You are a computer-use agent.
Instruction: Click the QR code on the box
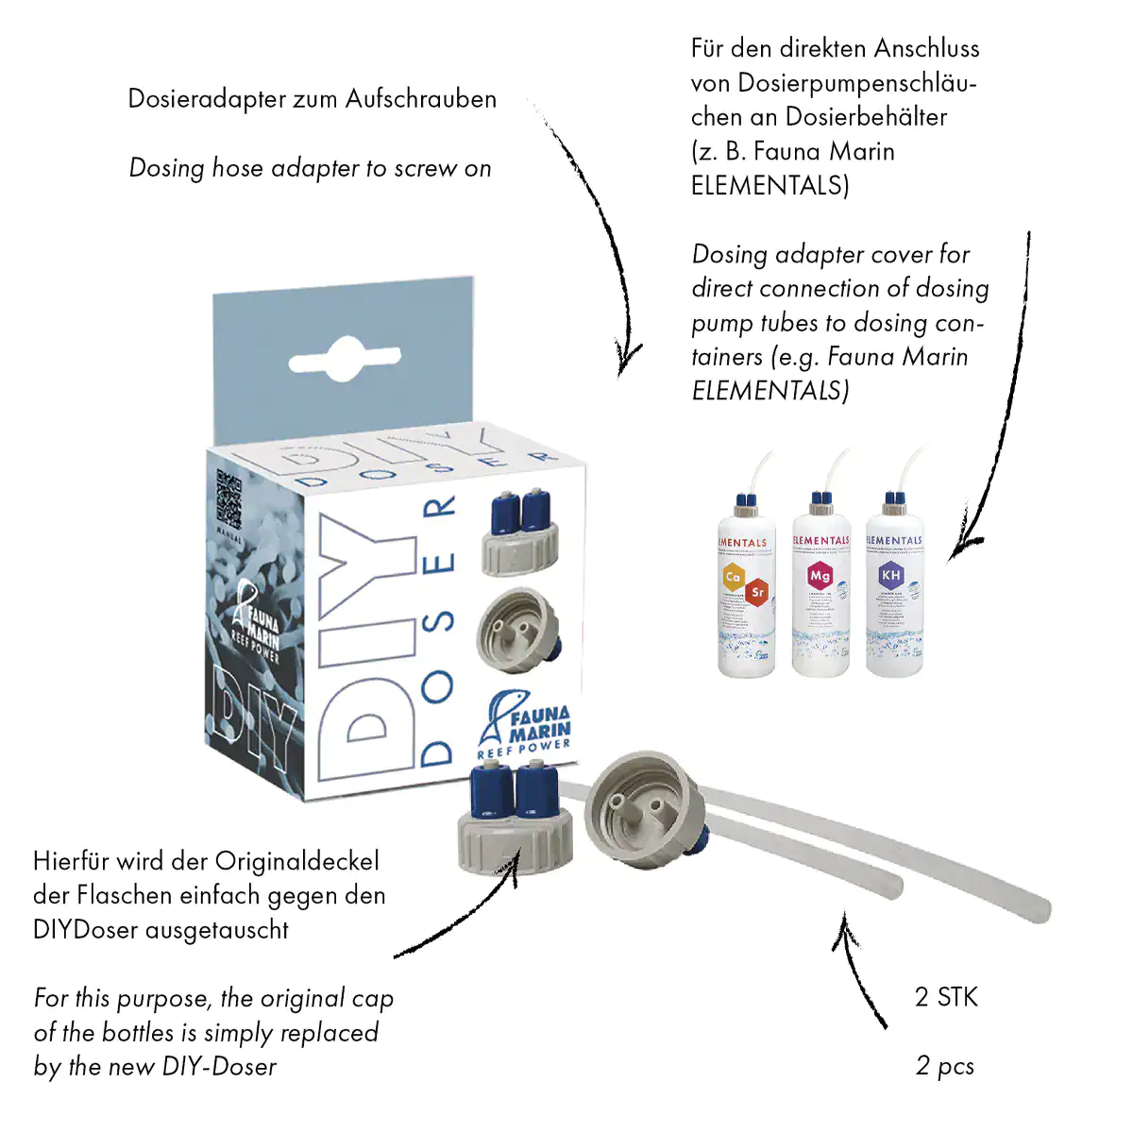[229, 499]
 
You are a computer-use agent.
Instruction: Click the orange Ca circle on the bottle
[734, 576]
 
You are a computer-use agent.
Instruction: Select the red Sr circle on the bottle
[757, 593]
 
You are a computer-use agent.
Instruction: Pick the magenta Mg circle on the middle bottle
[820, 575]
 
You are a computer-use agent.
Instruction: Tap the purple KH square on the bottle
[890, 574]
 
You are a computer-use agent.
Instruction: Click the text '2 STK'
[946, 997]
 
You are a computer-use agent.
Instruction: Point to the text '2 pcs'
[945, 1066]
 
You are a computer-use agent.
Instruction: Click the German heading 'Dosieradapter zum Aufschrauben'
[312, 99]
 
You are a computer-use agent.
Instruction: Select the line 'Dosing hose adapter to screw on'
[310, 168]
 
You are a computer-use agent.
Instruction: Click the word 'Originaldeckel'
[296, 861]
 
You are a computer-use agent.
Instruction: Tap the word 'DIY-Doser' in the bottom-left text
[219, 1067]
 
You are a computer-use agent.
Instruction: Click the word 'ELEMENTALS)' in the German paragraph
[770, 186]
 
